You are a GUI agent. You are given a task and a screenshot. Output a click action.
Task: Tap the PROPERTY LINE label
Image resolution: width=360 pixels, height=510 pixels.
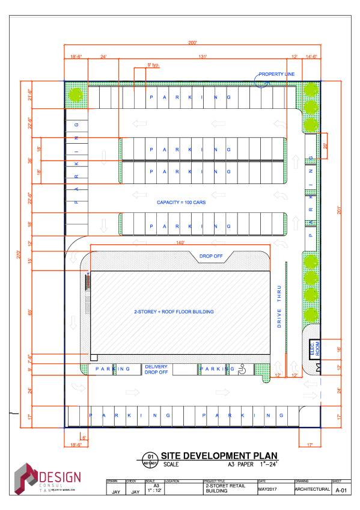coord(276,74)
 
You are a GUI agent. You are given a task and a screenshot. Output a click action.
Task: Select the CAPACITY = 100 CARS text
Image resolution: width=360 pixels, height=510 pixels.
coord(181,203)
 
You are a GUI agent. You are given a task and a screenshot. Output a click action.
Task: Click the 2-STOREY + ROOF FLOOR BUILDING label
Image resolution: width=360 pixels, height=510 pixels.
coord(174,312)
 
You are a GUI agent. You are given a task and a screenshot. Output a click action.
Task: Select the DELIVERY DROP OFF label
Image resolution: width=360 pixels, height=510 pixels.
coord(156,369)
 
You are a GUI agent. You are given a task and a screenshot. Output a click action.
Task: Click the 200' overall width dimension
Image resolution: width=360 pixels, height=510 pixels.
coord(192,43)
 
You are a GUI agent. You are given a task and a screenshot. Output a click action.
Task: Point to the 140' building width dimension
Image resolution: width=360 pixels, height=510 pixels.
coord(180,242)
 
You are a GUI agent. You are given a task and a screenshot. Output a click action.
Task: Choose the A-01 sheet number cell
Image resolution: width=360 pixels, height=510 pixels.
coord(341,490)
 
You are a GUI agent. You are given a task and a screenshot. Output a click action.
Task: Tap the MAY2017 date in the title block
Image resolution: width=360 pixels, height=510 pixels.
coord(268,488)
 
